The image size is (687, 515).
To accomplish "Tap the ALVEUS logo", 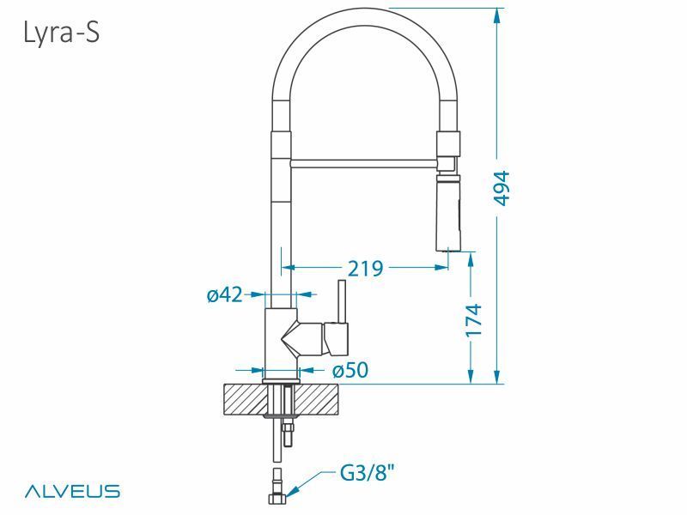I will click(x=71, y=491).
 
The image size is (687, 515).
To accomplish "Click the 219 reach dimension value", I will click(x=365, y=268).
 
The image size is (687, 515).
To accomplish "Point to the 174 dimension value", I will click(x=473, y=319).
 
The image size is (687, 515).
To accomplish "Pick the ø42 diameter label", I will click(x=224, y=295).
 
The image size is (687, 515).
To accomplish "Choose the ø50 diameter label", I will click(x=350, y=370).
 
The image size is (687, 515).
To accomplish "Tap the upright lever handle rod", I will click(x=341, y=300).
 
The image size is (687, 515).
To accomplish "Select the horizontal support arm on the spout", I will click(x=365, y=161).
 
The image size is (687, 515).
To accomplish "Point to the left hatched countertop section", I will click(x=245, y=398).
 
